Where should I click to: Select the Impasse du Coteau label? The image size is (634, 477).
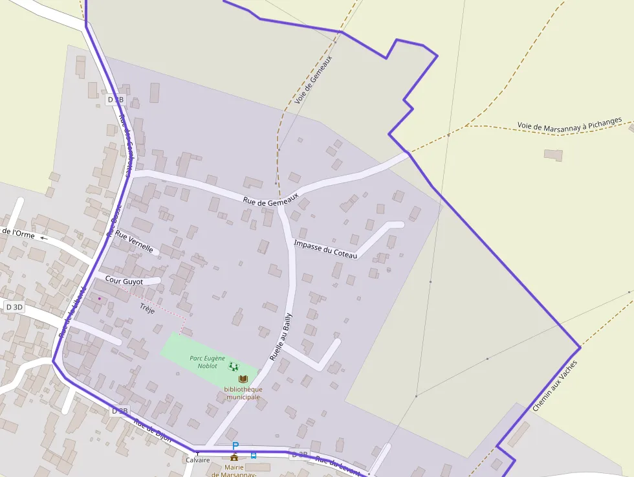325,249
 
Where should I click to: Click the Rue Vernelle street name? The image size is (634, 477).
134,243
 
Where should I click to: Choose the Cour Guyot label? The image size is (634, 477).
124,281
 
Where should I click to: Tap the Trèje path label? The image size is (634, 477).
147,309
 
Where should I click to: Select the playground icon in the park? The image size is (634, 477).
233,366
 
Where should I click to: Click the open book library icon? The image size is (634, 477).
243,379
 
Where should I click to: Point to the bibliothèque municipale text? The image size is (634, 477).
243,393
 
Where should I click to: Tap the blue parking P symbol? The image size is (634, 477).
235,446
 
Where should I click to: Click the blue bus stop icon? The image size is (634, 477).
253,455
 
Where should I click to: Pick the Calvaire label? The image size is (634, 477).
198,460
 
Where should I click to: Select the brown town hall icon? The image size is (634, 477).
234,457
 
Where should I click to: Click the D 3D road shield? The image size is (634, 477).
14,307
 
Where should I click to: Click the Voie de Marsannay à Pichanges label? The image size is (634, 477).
569,123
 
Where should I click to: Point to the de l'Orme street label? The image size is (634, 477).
18,233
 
